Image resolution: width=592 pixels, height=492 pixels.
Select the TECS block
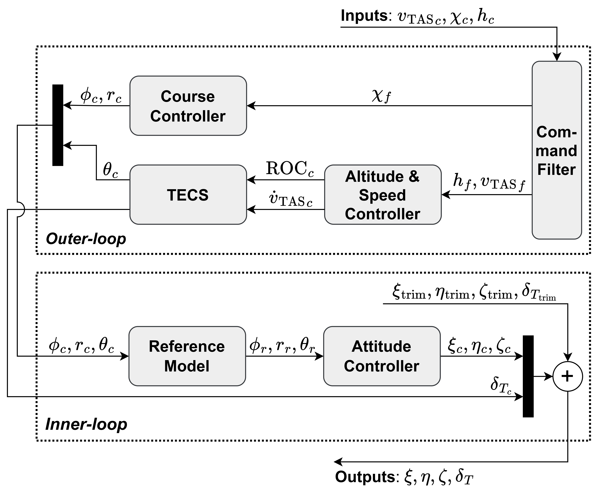tap(188, 195)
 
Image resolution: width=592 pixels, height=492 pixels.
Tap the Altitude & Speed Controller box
tap(383, 195)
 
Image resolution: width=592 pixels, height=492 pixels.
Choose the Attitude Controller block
tap(382, 356)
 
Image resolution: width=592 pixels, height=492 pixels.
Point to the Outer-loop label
tap(86, 239)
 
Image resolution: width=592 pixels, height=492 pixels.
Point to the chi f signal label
tap(381, 97)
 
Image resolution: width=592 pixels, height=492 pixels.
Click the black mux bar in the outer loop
tap(58, 125)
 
